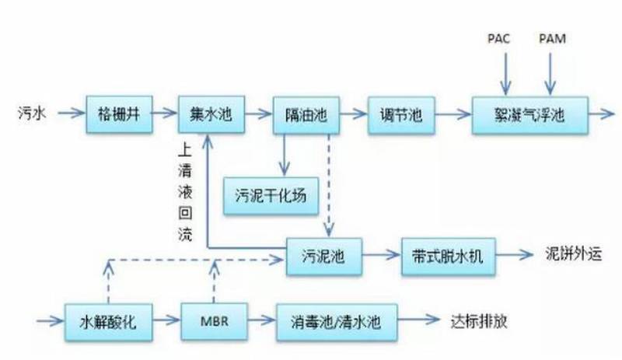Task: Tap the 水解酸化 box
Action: pos(108,320)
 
